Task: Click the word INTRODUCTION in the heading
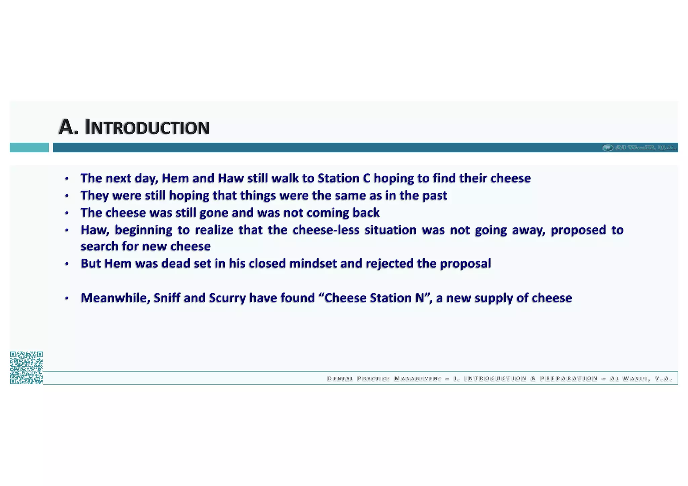[x=147, y=128]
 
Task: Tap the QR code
[x=26, y=368]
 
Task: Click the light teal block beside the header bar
[x=29, y=147]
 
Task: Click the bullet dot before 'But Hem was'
[x=67, y=264]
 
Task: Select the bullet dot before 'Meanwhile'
[x=67, y=298]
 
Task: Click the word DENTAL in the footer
[x=340, y=379]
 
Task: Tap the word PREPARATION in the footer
[x=569, y=379]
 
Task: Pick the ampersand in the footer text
[x=533, y=379]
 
